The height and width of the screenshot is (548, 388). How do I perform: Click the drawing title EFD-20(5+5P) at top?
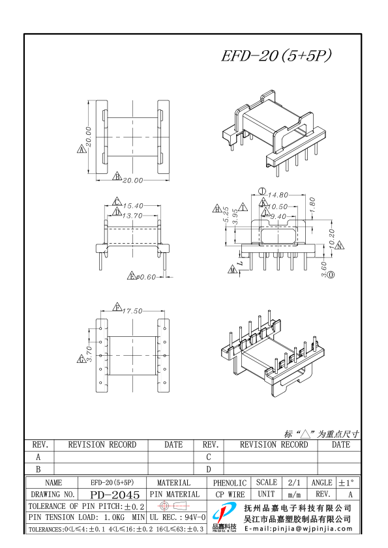(276, 57)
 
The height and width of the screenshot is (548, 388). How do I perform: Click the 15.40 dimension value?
(134, 205)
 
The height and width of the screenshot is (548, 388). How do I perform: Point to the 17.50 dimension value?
(132, 311)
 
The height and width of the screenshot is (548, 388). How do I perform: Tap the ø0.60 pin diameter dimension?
(146, 277)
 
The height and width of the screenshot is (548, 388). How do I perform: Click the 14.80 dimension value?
(277, 194)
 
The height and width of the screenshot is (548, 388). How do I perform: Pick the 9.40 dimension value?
(278, 216)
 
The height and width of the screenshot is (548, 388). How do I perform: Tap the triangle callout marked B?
(117, 177)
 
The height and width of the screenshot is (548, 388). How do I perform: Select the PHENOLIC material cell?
(230, 483)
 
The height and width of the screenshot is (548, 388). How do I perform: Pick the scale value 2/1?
(293, 483)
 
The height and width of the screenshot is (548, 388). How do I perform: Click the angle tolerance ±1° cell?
(346, 483)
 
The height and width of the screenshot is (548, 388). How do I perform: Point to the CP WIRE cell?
(230, 495)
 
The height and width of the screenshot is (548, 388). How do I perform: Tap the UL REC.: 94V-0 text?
(177, 517)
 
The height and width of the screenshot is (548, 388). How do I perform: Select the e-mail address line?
(297, 529)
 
